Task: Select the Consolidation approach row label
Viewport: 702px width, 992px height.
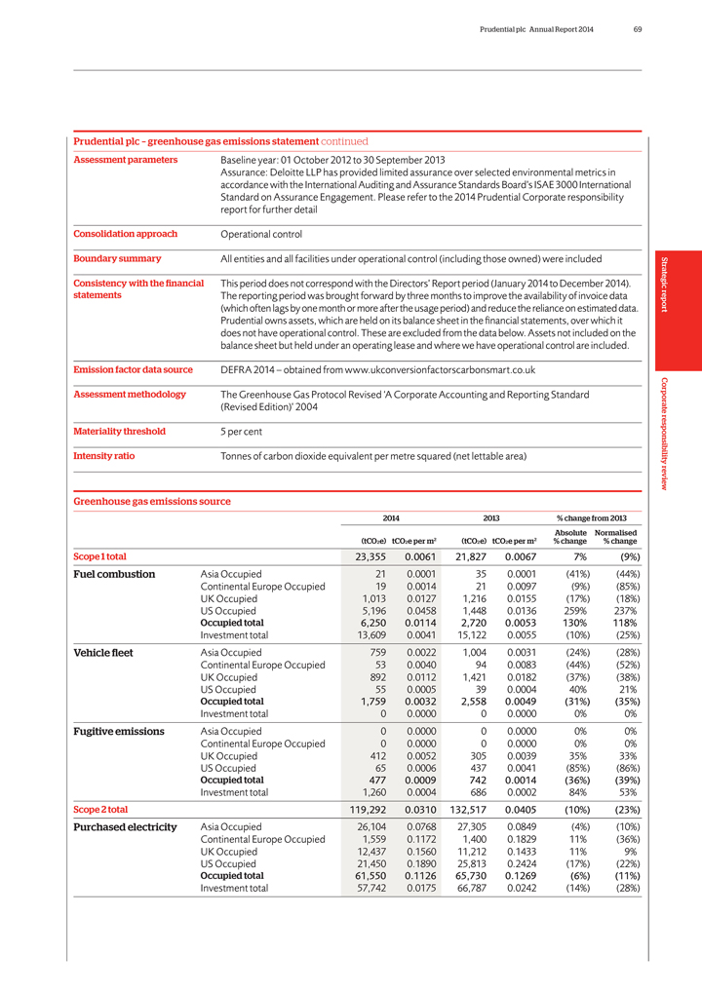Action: click(x=126, y=234)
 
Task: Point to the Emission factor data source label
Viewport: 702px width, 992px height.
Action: click(x=136, y=369)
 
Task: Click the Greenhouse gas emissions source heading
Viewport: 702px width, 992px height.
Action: click(x=152, y=501)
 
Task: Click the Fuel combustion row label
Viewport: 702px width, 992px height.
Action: click(x=114, y=574)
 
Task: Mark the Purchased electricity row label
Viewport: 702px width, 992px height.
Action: click(x=125, y=827)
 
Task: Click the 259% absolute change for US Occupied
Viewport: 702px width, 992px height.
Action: click(x=571, y=609)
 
